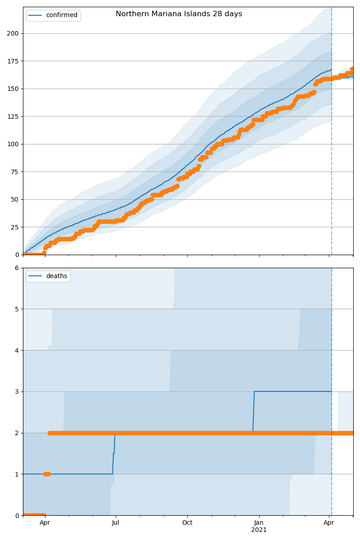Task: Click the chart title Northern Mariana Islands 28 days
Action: click(179, 14)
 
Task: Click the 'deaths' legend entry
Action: click(56, 276)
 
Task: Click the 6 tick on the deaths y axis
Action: click(17, 268)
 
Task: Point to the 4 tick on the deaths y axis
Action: click(17, 351)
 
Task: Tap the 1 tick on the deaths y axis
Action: click(17, 474)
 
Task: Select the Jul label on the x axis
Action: click(116, 522)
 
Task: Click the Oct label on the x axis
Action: click(187, 522)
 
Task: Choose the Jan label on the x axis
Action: click(259, 522)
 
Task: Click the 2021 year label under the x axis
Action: click(259, 530)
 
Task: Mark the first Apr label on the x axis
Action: click(45, 522)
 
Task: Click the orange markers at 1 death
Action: click(47, 474)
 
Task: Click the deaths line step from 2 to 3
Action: click(254, 412)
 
